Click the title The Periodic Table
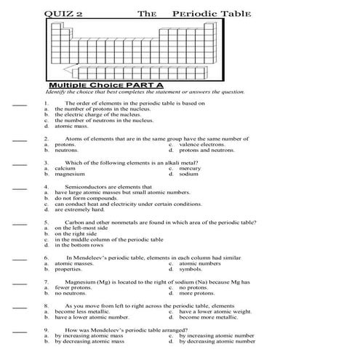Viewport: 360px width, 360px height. coord(193,13)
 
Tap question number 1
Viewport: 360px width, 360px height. coord(46,103)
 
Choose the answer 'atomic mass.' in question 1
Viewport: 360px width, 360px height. coord(70,127)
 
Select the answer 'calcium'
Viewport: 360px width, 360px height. coord(65,168)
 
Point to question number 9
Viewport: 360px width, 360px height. coord(46,329)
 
